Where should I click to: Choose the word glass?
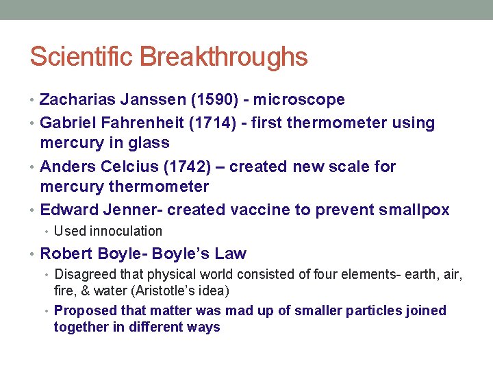150,143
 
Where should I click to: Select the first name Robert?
65,254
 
